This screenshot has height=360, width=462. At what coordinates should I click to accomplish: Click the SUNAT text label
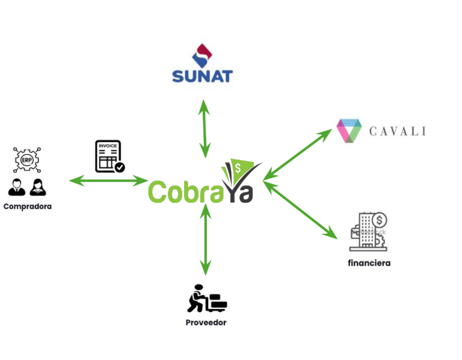(x=202, y=76)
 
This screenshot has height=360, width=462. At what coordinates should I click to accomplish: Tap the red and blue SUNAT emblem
(x=202, y=54)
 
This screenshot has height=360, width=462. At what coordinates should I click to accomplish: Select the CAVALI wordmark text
(x=397, y=131)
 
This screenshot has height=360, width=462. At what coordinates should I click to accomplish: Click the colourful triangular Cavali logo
(x=349, y=131)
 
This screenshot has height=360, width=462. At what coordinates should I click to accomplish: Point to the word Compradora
(x=28, y=206)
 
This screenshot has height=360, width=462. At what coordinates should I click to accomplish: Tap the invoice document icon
(x=108, y=156)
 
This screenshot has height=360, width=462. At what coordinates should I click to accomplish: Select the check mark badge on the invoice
(x=120, y=167)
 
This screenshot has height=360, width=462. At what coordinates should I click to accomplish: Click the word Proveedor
(x=206, y=323)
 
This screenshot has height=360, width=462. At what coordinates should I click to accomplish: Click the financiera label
(x=369, y=263)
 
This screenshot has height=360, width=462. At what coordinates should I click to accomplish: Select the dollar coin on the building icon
(x=380, y=219)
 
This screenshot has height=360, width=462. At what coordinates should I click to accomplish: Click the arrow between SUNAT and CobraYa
(x=205, y=128)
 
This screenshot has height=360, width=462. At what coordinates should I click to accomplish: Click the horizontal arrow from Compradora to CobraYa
(x=108, y=180)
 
